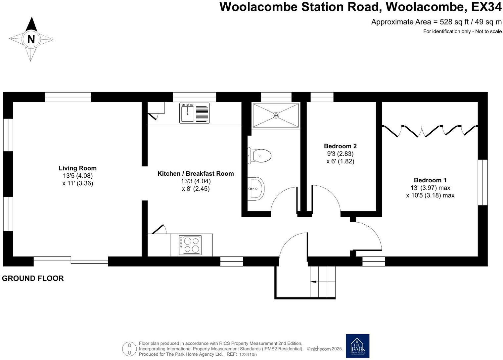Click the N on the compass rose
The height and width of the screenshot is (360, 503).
pos(31,39)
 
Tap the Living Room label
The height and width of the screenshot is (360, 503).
pos(77,168)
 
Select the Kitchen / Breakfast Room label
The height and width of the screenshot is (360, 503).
pos(195,173)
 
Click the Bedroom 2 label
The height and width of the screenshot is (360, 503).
pos(340,146)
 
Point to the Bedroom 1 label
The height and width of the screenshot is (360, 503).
pos(430,180)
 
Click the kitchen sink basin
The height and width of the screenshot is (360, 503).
pos(188,113)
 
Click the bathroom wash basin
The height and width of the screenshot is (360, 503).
pos(257,188)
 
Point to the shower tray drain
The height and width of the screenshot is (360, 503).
pos(276,115)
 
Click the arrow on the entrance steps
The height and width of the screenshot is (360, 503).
pos(313,282)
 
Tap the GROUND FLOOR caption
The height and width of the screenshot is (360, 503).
pos(33,278)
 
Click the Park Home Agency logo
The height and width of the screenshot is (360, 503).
pos(357,346)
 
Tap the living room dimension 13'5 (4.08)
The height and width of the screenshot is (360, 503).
pos(78,176)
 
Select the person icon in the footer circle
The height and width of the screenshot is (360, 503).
pos(129,349)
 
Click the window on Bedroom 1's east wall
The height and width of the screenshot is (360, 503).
pos(482,182)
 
